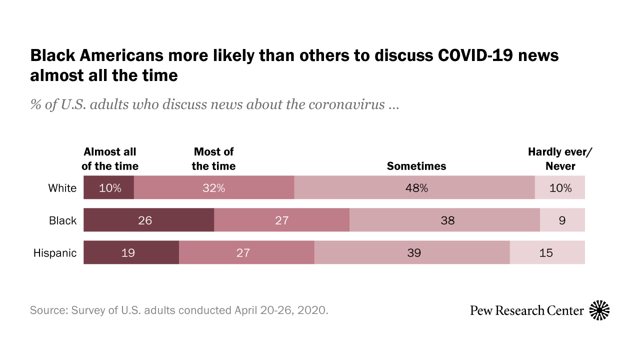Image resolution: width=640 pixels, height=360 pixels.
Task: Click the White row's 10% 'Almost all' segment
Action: [108, 188]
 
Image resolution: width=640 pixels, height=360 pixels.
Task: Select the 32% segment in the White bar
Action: [214, 188]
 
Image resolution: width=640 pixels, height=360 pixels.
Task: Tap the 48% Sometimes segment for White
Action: [414, 188]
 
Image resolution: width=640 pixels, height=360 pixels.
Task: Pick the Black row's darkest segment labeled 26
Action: [148, 220]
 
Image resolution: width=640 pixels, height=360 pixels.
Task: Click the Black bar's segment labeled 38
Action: [444, 220]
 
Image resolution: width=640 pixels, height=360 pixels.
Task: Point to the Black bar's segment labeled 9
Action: [562, 220]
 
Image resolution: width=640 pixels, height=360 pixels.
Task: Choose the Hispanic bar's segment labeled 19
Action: [131, 252]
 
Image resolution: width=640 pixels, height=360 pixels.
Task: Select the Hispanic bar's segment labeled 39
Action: [412, 252]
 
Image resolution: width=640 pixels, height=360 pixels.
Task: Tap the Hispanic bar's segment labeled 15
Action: [547, 252]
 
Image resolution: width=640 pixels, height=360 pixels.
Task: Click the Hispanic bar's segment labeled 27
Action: [246, 252]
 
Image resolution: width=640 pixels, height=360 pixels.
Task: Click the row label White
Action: [62, 188]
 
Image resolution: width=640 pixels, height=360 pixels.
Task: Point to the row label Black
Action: [63, 220]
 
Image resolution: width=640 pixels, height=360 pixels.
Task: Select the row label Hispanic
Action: [55, 252]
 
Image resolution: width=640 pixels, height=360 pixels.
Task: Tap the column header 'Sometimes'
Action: [416, 166]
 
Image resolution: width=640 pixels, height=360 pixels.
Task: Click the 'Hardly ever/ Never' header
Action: [560, 159]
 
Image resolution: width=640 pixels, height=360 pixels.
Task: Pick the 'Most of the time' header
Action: [213, 159]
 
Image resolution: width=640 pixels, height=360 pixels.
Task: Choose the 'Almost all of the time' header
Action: [110, 159]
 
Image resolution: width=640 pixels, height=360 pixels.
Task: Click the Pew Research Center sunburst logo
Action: [599, 310]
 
